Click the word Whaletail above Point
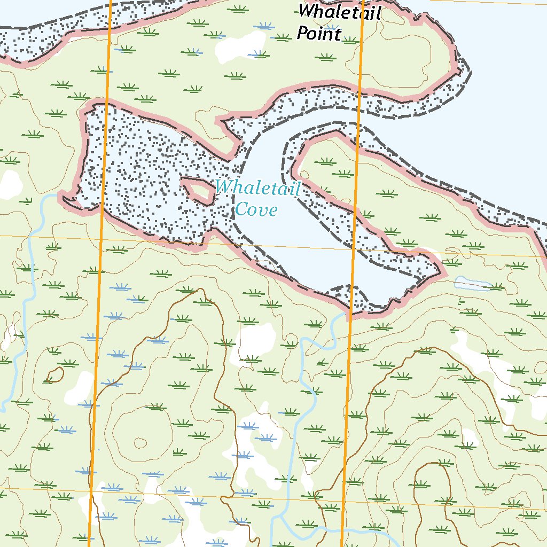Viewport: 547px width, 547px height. click(339, 12)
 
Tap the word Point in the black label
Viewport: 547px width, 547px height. click(318, 34)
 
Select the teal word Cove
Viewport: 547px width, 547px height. click(256, 209)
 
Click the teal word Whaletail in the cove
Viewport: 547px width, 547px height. click(258, 187)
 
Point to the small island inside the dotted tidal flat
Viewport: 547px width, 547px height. click(199, 190)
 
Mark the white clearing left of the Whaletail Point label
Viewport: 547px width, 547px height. click(230, 49)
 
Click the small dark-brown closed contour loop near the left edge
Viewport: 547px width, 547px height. click(55, 375)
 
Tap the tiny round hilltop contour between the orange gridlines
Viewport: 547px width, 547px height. click(140, 442)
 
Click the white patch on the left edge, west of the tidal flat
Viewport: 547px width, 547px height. click(9, 184)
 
